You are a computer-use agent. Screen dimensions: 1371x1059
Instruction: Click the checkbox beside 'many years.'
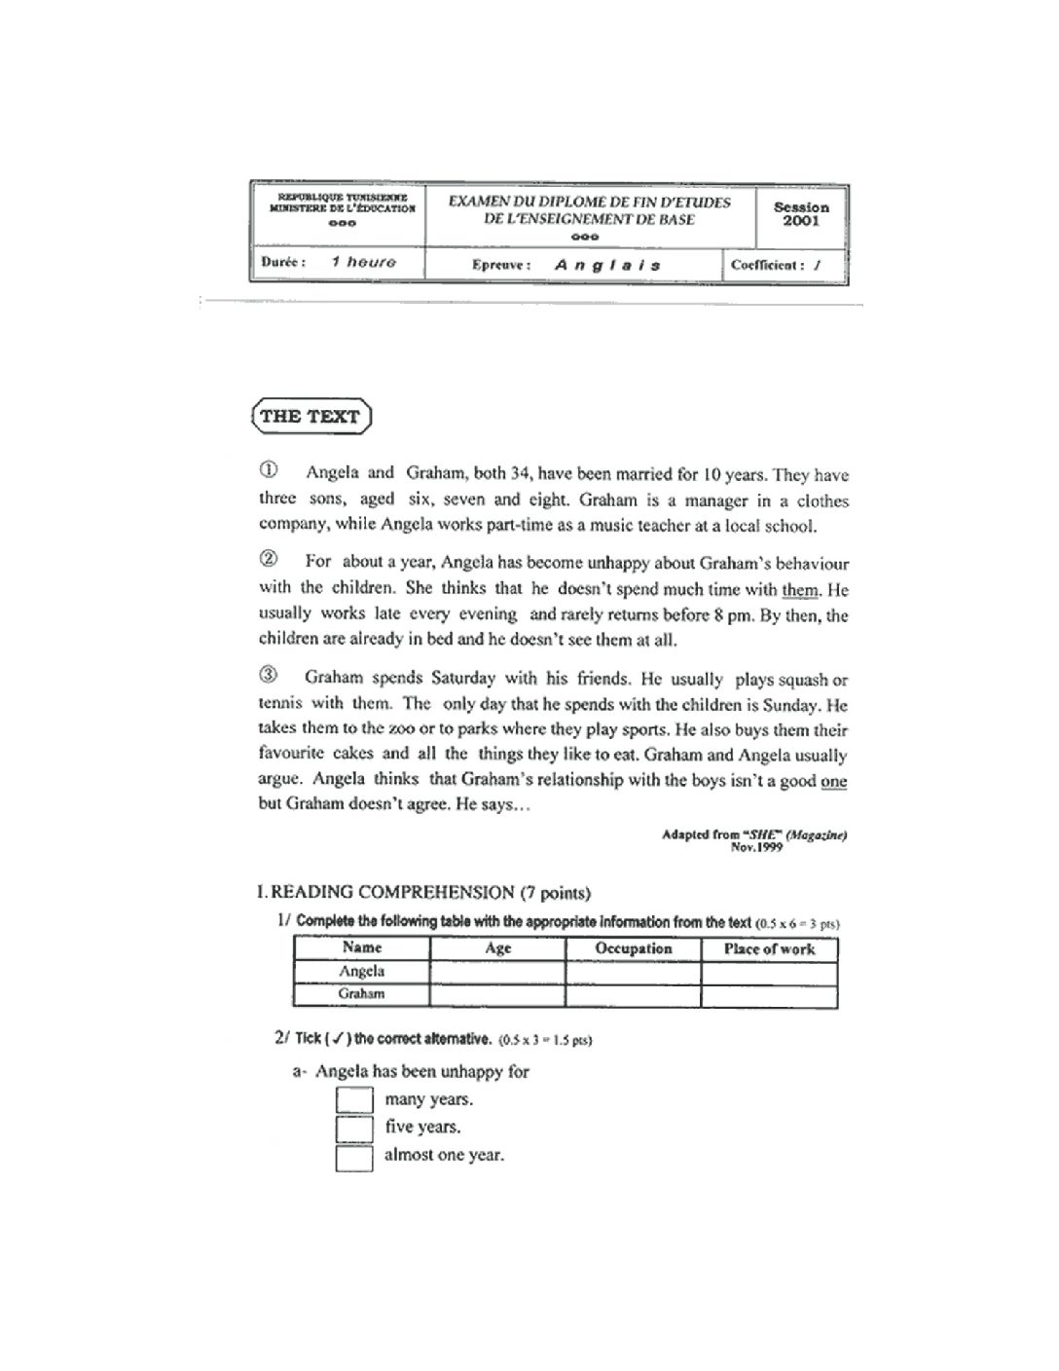[x=354, y=1099]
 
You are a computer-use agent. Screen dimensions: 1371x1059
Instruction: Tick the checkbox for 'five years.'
[x=354, y=1129]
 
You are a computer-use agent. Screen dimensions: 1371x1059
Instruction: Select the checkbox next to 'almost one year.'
[x=354, y=1158]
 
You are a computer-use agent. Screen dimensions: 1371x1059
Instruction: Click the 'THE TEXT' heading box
[x=310, y=417]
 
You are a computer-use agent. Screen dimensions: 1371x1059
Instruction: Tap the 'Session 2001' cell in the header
[x=801, y=214]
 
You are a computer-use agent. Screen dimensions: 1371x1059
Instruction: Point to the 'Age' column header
[x=497, y=948]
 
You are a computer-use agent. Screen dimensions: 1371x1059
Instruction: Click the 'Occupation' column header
[x=634, y=948]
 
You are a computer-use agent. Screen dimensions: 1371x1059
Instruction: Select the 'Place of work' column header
[x=769, y=948]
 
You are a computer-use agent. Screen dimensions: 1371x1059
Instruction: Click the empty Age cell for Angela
[x=497, y=972]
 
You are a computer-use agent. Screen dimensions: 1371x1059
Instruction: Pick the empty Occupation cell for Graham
[x=634, y=995]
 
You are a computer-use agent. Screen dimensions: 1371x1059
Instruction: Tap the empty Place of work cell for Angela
[x=769, y=972]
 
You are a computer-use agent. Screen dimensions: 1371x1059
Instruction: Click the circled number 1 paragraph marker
[x=268, y=470]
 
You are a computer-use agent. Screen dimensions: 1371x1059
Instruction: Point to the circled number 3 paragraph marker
[x=268, y=675]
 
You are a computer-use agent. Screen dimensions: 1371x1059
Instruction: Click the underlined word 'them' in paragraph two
[x=801, y=590]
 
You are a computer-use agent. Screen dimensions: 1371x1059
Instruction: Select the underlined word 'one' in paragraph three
[x=834, y=781]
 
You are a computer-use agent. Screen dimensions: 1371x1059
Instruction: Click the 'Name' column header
[x=362, y=947]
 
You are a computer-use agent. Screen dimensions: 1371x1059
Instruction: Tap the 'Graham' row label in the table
[x=362, y=994]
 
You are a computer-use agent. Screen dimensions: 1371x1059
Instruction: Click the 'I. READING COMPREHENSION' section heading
[x=423, y=892]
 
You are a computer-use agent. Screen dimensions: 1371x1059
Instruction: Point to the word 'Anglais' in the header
[x=607, y=265]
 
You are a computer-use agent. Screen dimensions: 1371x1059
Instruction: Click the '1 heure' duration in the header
[x=363, y=262]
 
